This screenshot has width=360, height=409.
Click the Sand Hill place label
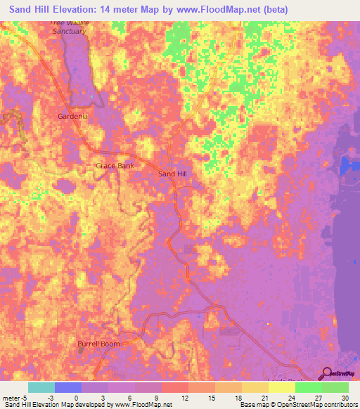point(173,173)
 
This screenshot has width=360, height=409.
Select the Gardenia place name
point(72,116)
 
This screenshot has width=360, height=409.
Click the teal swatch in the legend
point(41,387)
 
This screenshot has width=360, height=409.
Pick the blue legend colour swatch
point(68,387)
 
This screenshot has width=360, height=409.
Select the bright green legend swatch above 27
point(309,387)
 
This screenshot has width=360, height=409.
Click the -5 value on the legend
point(26,397)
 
